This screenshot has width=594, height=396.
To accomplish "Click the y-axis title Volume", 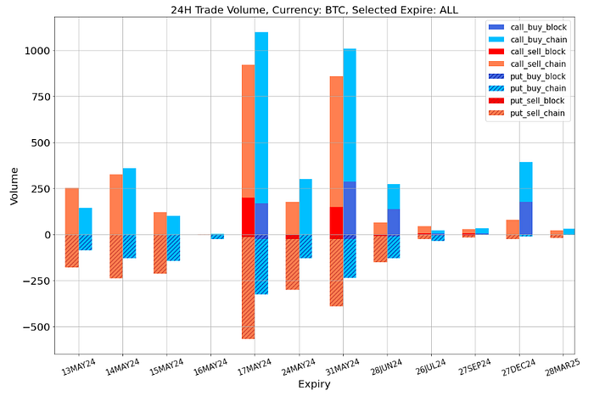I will pyautogui.click(x=14, y=185).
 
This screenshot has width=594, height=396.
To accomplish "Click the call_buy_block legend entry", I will pyautogui.click(x=532, y=26).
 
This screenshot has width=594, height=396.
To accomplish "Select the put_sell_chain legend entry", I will pyautogui.click(x=532, y=113).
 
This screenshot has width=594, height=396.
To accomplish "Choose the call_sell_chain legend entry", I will pyautogui.click(x=532, y=64).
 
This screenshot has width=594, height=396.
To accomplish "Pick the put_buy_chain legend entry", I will pyautogui.click(x=532, y=88).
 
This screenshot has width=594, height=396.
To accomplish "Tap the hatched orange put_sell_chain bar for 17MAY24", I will pyautogui.click(x=248, y=288).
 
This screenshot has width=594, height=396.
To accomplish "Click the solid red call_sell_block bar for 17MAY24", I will pyautogui.click(x=248, y=216).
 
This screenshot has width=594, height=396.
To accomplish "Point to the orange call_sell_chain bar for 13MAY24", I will pyautogui.click(x=72, y=211).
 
